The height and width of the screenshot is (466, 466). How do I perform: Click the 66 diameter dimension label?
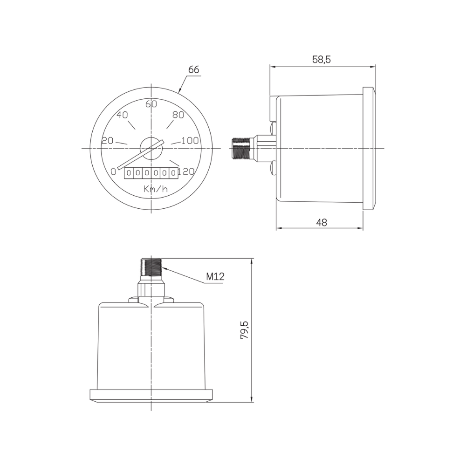[193, 69]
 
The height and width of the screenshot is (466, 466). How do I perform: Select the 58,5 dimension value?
[321, 60]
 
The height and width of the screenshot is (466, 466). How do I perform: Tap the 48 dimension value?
[322, 222]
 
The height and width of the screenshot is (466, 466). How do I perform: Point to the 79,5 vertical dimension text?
[245, 330]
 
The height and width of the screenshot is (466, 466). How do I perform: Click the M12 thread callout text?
[215, 277]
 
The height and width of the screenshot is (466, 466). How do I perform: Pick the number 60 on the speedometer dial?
[151, 104]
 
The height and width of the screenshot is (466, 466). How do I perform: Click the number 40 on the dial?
[122, 115]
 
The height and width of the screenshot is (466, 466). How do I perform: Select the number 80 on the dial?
[178, 115]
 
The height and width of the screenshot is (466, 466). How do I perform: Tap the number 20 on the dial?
[108, 141]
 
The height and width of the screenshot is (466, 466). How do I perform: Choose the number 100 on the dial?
[190, 141]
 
